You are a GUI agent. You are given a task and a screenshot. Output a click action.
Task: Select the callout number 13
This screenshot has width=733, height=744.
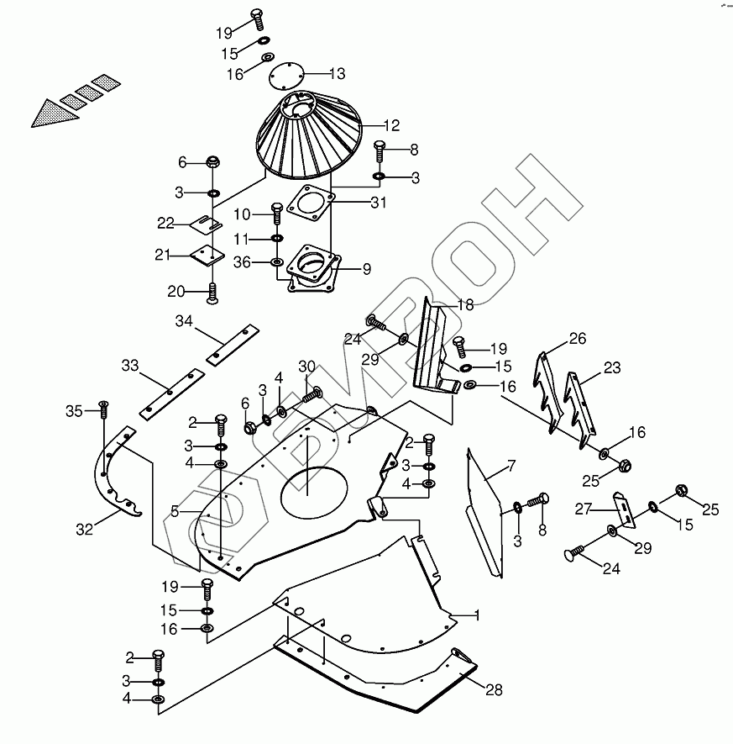(337, 73)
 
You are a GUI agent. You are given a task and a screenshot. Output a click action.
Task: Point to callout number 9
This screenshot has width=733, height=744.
(367, 269)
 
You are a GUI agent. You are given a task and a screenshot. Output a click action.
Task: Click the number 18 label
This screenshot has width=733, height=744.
(464, 305)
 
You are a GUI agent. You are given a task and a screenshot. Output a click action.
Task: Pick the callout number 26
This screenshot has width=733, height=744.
(577, 340)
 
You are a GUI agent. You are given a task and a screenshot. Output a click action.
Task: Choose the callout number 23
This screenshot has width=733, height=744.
(612, 367)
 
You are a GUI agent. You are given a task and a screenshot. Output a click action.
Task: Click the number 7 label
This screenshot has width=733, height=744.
(510, 466)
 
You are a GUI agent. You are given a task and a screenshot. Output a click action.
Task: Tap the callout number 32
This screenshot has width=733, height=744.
(83, 530)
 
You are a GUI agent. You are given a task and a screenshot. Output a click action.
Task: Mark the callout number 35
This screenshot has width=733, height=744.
(75, 410)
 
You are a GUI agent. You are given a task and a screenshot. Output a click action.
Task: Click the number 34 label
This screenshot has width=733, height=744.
(185, 321)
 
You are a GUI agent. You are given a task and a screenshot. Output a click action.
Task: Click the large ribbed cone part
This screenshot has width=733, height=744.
(309, 139)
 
